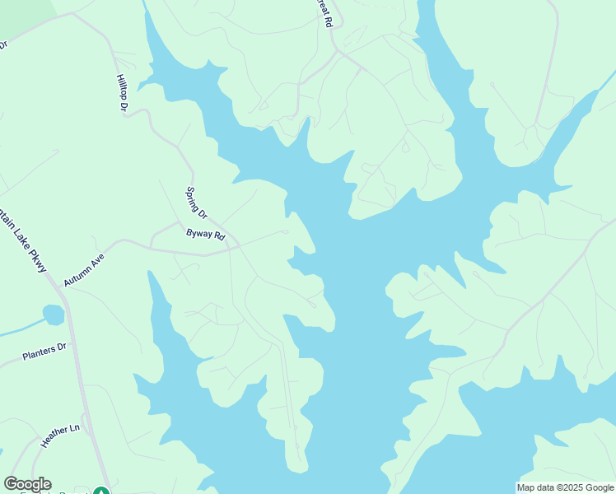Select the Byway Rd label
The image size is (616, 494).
click(205, 235)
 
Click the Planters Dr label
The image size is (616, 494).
click(44, 355)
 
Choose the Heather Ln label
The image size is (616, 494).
click(60, 434)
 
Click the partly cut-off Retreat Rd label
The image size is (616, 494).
click(325, 13)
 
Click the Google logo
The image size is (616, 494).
click(27, 484)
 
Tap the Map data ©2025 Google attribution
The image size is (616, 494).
click(564, 487)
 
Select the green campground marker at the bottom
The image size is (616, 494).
click(100, 492)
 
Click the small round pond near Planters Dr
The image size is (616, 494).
click(53, 315)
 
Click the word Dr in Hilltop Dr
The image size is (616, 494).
click(125, 105)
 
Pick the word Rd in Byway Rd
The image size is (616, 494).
click(219, 236)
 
